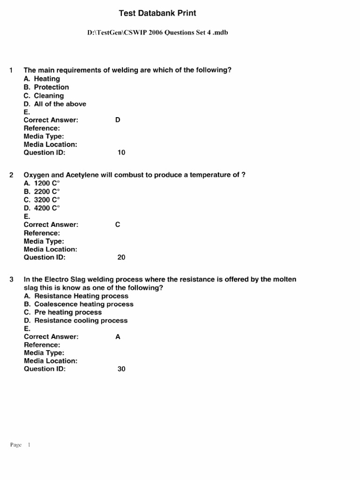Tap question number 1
[x=11, y=70]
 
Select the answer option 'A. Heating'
[x=42, y=79]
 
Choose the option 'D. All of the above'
[x=55, y=104]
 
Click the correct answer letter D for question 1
[x=118, y=120]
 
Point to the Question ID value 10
[x=121, y=153]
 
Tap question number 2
[x=11, y=175]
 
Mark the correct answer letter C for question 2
[x=118, y=225]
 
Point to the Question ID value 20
[x=121, y=257]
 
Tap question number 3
[x=11, y=279]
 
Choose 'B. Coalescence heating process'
[x=78, y=304]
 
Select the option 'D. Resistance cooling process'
[x=75, y=321]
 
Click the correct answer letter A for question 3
[x=118, y=337]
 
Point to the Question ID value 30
[x=121, y=369]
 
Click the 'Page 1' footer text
[x=20, y=445]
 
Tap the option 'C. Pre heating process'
[x=62, y=312]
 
